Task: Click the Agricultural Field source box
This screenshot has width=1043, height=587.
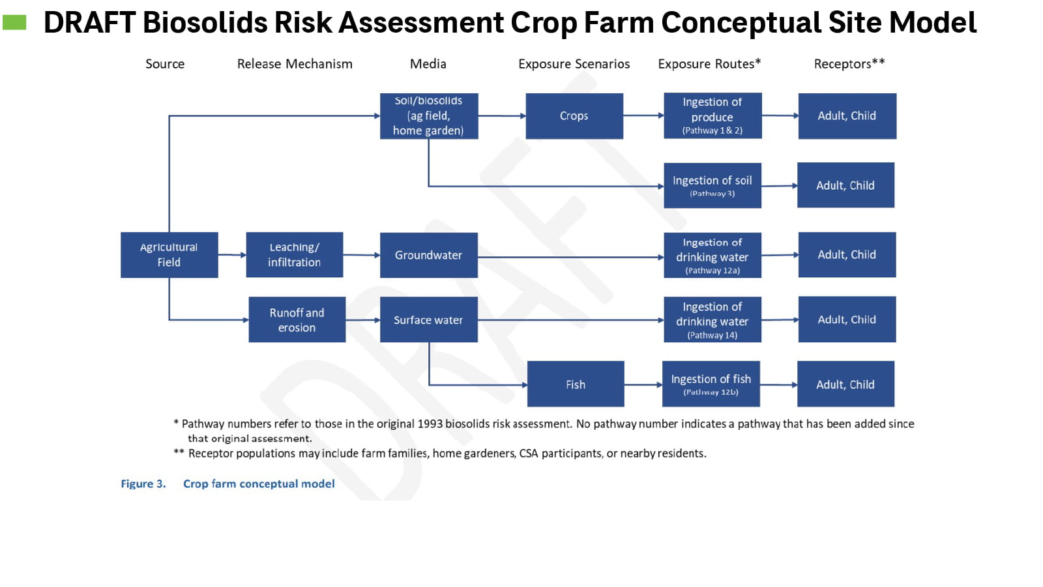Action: [169, 255]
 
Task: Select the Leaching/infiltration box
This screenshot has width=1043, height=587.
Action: [294, 255]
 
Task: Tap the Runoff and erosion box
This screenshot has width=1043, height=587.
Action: [297, 320]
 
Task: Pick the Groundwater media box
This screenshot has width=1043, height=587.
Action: [428, 255]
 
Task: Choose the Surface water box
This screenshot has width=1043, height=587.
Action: [428, 320]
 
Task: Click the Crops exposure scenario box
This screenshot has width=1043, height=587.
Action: [574, 116]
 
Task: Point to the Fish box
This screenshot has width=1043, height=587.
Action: [575, 384]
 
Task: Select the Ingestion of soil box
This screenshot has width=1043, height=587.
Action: [712, 186]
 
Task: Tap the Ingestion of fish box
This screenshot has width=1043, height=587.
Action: [711, 384]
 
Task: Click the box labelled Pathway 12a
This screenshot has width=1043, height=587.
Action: [712, 255]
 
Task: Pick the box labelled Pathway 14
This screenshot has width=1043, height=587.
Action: [712, 320]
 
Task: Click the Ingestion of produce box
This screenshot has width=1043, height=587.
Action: [712, 116]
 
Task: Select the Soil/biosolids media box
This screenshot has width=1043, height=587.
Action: [428, 116]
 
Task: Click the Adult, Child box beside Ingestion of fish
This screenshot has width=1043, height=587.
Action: [845, 384]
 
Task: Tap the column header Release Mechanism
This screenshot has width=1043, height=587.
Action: [295, 64]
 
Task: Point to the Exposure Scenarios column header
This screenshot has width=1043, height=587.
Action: [574, 64]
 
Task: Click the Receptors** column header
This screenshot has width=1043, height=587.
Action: [849, 64]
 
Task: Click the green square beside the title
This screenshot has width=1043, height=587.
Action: [14, 23]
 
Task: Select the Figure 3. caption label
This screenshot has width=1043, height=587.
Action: [143, 484]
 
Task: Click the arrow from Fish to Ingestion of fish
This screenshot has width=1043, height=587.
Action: [643, 385]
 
